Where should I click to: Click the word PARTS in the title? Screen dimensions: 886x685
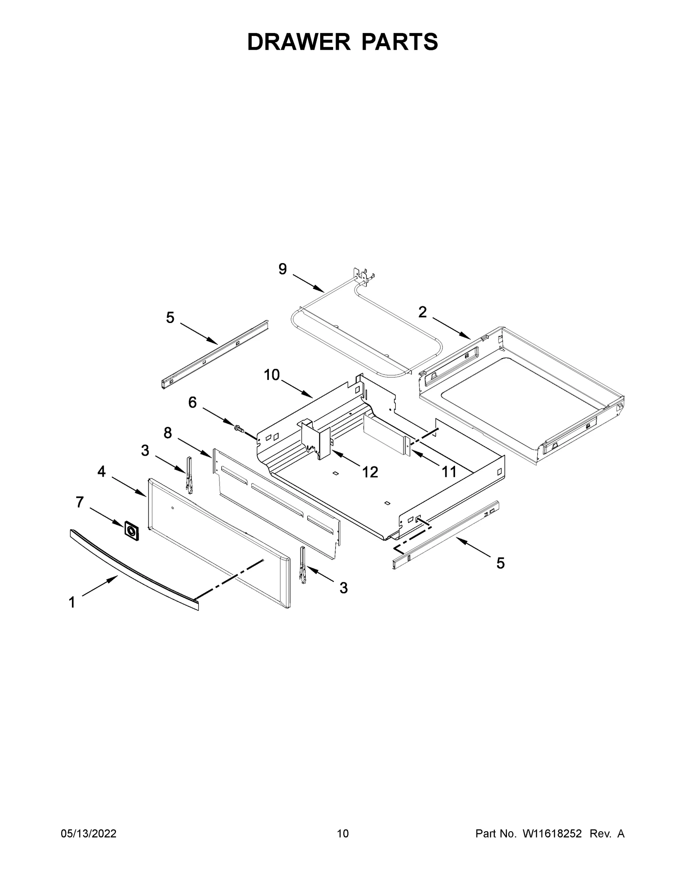coord(400,42)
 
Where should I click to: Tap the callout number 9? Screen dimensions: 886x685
coord(283,269)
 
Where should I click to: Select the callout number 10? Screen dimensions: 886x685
coord(271,375)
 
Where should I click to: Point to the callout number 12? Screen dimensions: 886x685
coord(370,472)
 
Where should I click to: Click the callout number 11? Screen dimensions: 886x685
coord(449,472)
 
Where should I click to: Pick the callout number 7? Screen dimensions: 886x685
coord(80,502)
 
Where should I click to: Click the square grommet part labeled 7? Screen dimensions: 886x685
coord(131,531)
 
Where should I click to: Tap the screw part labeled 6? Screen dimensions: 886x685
coord(239,427)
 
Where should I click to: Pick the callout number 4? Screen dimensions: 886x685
coord(101,472)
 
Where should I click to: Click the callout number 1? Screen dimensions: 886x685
coord(72,603)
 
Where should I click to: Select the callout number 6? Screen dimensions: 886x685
coord(192,402)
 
